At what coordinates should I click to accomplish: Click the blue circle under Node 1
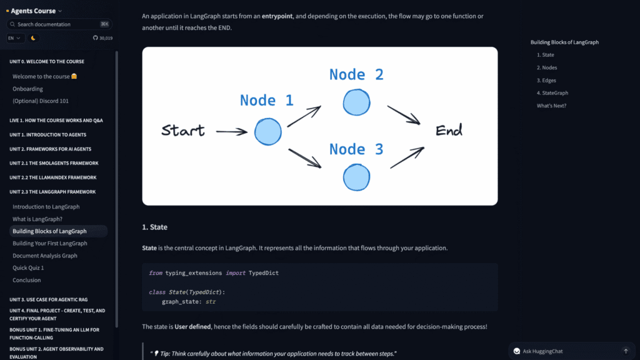coord(267,131)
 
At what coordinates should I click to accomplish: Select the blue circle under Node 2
coord(356,102)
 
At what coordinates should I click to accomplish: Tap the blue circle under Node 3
coord(356,177)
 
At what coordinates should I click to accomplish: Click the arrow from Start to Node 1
coord(231,131)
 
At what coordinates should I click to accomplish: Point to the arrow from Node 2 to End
coord(404,115)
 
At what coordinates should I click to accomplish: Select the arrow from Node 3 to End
coord(407,157)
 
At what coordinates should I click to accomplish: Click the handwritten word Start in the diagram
coord(183,131)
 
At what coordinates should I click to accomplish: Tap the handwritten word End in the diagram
coord(449,131)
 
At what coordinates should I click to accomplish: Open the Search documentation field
coord(59,24)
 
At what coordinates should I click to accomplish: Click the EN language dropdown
coord(14,38)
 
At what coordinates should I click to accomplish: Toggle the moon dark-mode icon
coord(33,38)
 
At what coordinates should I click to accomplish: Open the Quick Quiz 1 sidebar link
coord(28,267)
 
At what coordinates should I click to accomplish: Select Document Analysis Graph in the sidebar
coord(45,256)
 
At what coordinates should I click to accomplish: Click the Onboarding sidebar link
coord(27,89)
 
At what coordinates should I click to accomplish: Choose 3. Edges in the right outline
coord(546,81)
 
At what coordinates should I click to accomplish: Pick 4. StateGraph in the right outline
coord(552,93)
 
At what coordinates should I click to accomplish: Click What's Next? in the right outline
coord(551,106)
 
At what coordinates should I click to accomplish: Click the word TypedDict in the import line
coord(264,273)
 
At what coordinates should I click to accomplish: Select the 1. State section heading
coord(155,227)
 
